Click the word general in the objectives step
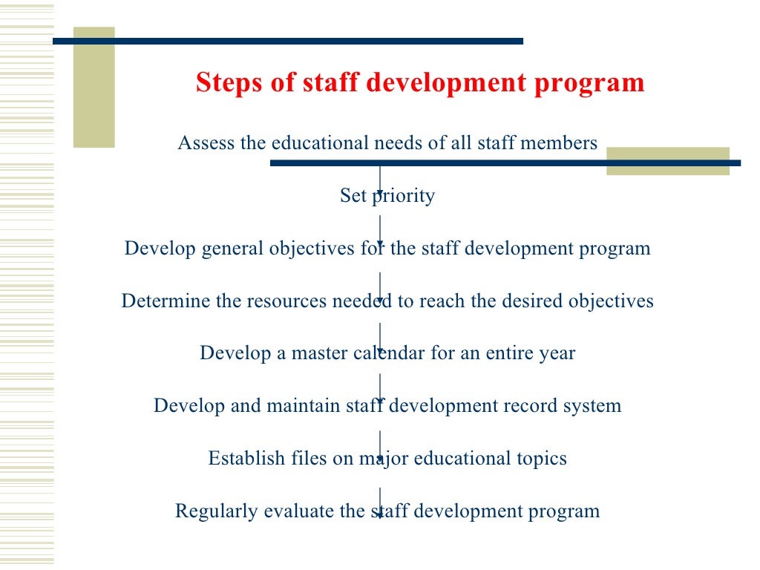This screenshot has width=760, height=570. click(233, 249)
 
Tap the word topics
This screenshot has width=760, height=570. click(541, 459)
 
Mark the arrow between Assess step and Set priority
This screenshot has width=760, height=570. click(380, 182)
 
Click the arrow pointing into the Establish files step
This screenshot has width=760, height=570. click(380, 445)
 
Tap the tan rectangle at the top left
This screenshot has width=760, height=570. click(94, 88)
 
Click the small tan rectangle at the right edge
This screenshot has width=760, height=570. click(668, 161)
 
